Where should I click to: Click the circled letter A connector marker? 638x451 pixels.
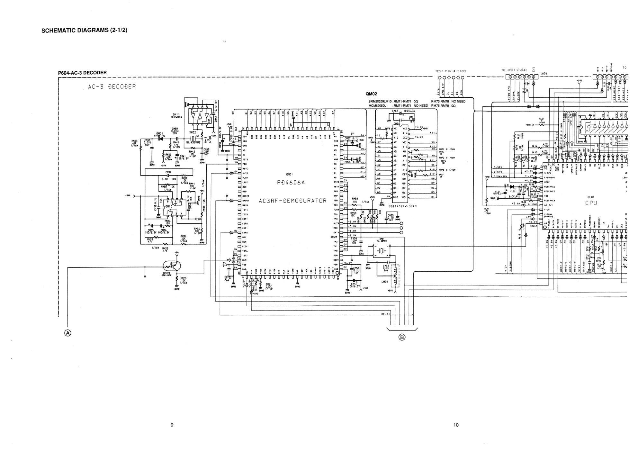pos(68,333)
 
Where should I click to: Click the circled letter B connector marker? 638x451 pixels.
pos(402,337)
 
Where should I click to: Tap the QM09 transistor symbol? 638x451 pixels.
pos(172,266)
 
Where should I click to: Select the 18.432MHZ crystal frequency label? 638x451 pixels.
pos(193,142)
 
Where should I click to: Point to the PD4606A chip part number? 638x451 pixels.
pos(291,183)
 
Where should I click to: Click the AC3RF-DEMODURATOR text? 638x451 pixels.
pos(292,201)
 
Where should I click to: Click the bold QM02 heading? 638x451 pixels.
pos(371,94)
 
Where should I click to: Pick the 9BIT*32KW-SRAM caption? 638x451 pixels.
pos(402,206)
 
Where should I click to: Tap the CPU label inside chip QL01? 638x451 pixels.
pos(591,203)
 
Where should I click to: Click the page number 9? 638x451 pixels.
pos(172,425)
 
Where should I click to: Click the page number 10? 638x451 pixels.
pos(456,425)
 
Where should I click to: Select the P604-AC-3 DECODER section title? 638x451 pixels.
pos(82,73)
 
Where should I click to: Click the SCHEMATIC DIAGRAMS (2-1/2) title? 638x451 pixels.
pos(85,31)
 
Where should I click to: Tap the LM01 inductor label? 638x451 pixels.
pos(385,282)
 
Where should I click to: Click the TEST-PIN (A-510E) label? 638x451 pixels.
pos(451,71)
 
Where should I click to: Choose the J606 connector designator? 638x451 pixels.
pos(544,74)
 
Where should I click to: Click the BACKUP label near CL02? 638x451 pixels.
pos(513,196)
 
